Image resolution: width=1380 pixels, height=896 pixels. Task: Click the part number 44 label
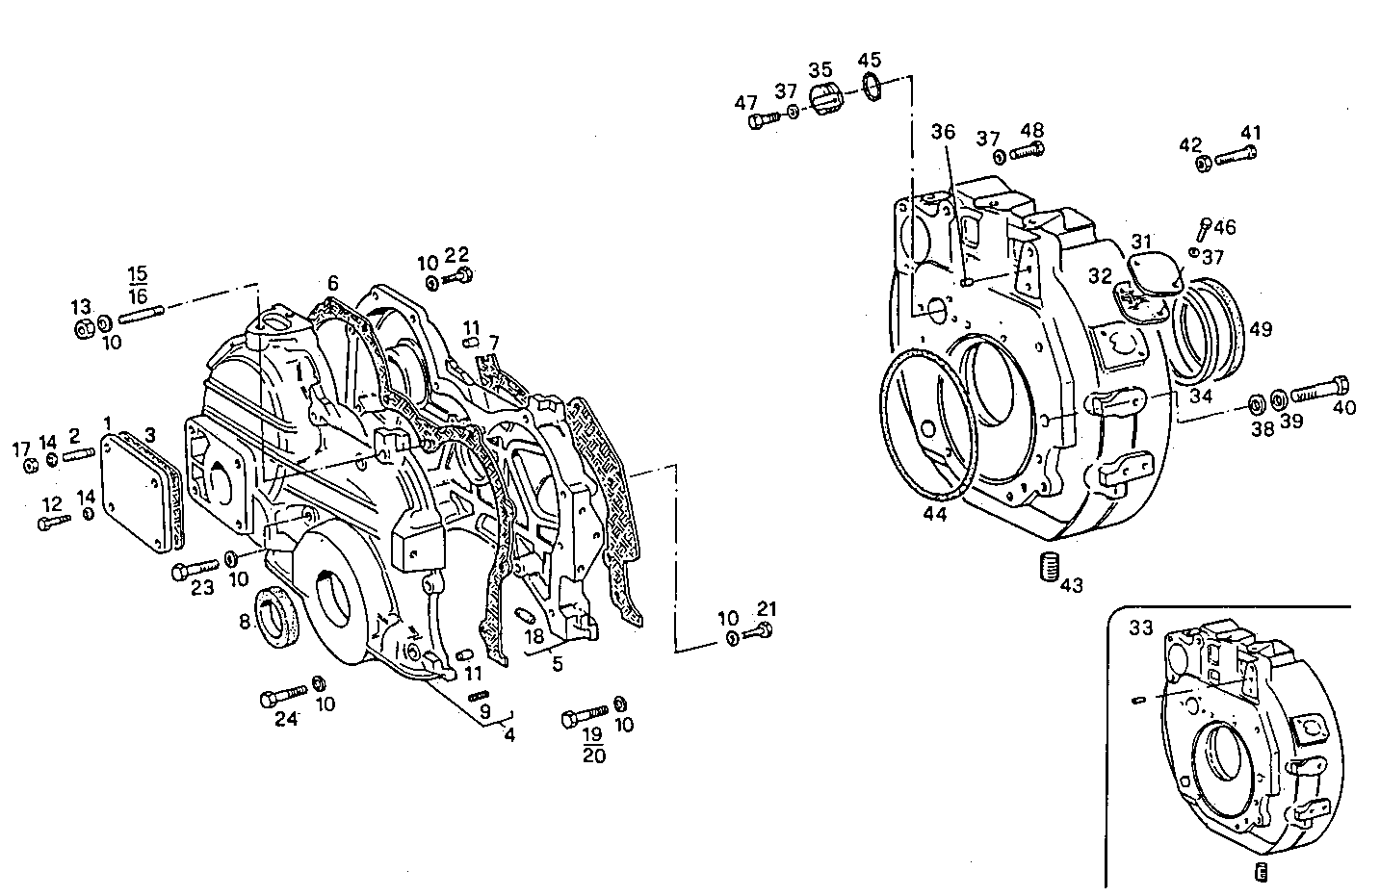pos(934,514)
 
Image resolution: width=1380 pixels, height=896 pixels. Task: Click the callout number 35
pos(820,70)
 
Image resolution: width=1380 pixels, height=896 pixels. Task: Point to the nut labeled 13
pos(84,328)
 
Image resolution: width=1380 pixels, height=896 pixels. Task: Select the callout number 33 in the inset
pos(1141,627)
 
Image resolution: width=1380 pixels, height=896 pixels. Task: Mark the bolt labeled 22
pos(460,277)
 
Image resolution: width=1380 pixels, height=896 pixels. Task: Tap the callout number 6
pos(332,283)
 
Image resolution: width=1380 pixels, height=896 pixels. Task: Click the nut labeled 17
pos(30,466)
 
